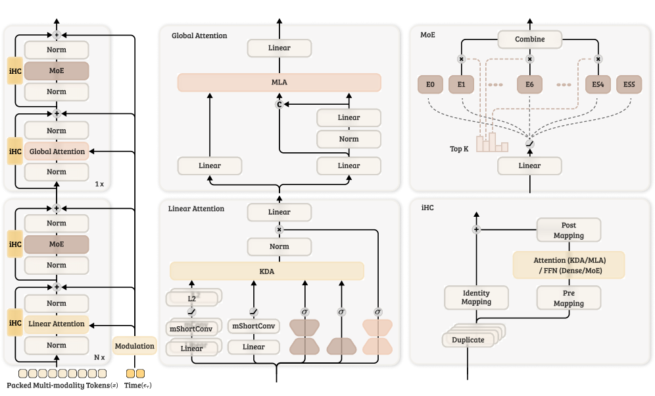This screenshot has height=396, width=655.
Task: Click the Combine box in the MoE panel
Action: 529,40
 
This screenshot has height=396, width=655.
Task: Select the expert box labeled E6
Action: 529,84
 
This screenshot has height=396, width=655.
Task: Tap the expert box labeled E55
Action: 629,84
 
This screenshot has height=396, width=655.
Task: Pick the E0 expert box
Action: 430,84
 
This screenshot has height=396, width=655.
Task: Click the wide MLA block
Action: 279,82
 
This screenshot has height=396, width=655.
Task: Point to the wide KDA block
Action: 267,271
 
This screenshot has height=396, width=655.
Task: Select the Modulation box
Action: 135,346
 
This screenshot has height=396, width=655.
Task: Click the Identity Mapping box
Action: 476,298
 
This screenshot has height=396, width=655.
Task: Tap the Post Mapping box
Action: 569,230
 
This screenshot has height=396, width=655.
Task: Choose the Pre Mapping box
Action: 569,298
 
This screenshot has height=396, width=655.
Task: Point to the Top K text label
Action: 459,149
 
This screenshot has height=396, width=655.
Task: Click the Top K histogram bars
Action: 492,142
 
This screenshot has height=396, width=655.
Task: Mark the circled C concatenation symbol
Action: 279,104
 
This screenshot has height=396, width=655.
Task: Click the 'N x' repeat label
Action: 99,358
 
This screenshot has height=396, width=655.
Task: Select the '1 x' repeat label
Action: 99,184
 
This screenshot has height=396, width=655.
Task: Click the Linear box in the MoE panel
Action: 529,166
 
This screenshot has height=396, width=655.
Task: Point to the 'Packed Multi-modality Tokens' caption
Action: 59,385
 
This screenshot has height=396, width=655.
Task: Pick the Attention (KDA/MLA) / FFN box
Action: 569,266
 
